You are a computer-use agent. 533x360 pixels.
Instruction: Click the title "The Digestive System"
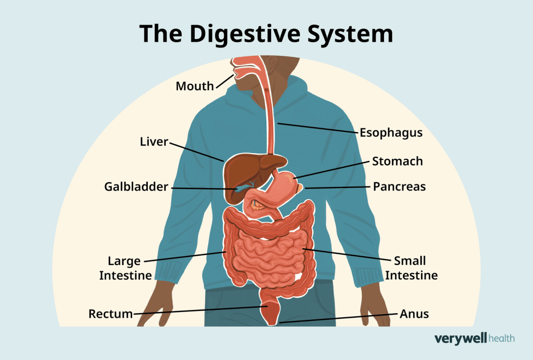coord(266,33)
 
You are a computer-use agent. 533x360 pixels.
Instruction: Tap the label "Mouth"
coord(195,86)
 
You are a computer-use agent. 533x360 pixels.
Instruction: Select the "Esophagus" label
coord(390,133)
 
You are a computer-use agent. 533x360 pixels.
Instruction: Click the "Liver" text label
coord(154,141)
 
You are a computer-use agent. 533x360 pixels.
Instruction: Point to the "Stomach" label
coord(397,161)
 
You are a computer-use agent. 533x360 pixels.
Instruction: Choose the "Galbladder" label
coord(137,187)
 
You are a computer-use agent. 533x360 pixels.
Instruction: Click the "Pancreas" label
coord(399,186)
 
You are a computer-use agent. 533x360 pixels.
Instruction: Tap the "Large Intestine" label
coord(125,267)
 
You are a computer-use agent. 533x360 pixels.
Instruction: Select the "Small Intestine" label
coord(411,267)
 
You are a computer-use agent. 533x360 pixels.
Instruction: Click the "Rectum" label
coord(110,314)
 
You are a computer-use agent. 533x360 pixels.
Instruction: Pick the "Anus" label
coord(414,314)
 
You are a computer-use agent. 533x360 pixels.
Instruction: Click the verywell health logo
coord(474,339)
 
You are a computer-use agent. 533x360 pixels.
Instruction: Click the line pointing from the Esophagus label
coord(318,128)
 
